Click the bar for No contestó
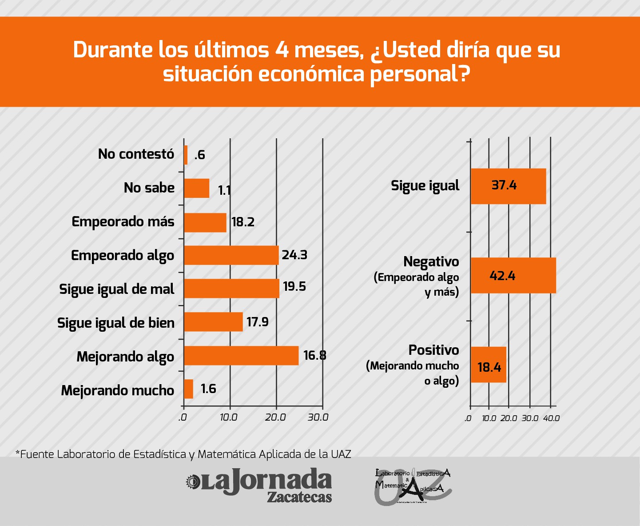tap(186, 155)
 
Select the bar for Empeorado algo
tap(231, 255)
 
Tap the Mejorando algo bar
tap(241, 356)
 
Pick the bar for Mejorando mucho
tap(189, 389)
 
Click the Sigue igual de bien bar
tap(213, 322)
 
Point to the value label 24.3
tap(294, 255)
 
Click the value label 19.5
tap(294, 286)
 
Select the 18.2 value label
tap(243, 222)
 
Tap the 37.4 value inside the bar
tap(504, 185)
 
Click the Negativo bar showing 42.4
tap(513, 276)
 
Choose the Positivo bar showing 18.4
tap(488, 365)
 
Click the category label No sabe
tap(149, 188)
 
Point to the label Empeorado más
tap(123, 221)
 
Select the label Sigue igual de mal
tap(117, 289)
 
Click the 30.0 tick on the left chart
tap(318, 418)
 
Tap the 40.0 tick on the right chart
tap(551, 418)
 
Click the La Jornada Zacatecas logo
tap(259, 485)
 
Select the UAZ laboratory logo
tap(413, 486)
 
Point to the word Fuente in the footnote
tap(37, 454)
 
